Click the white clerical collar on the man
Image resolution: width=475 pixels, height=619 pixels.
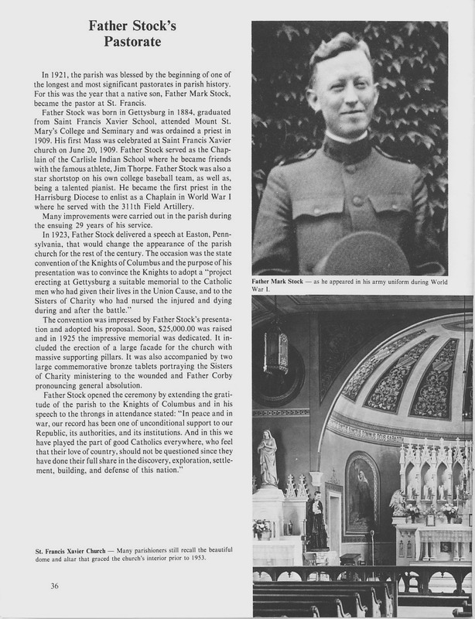[347, 137]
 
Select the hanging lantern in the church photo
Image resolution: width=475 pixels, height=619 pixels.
[275, 352]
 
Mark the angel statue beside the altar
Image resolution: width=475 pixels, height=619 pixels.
[398, 503]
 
